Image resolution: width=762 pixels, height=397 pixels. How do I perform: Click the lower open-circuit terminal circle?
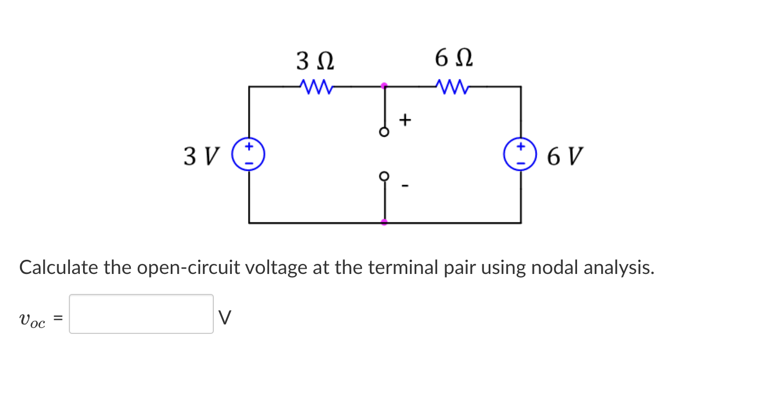[x=384, y=175]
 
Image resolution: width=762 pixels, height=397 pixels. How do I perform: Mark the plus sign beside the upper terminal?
[x=404, y=120]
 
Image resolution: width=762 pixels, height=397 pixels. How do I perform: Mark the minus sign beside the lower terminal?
[x=404, y=186]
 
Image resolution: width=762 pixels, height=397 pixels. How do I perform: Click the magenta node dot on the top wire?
[x=384, y=85]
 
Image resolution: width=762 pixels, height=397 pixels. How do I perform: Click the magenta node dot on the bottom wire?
[x=384, y=222]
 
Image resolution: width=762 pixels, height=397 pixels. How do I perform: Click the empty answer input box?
[x=141, y=314]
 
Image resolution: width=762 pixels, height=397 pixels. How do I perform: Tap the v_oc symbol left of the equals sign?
[x=32, y=319]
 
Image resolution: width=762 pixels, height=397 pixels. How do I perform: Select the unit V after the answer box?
[x=224, y=317]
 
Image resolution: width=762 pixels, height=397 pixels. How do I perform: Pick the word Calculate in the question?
[x=58, y=268]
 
